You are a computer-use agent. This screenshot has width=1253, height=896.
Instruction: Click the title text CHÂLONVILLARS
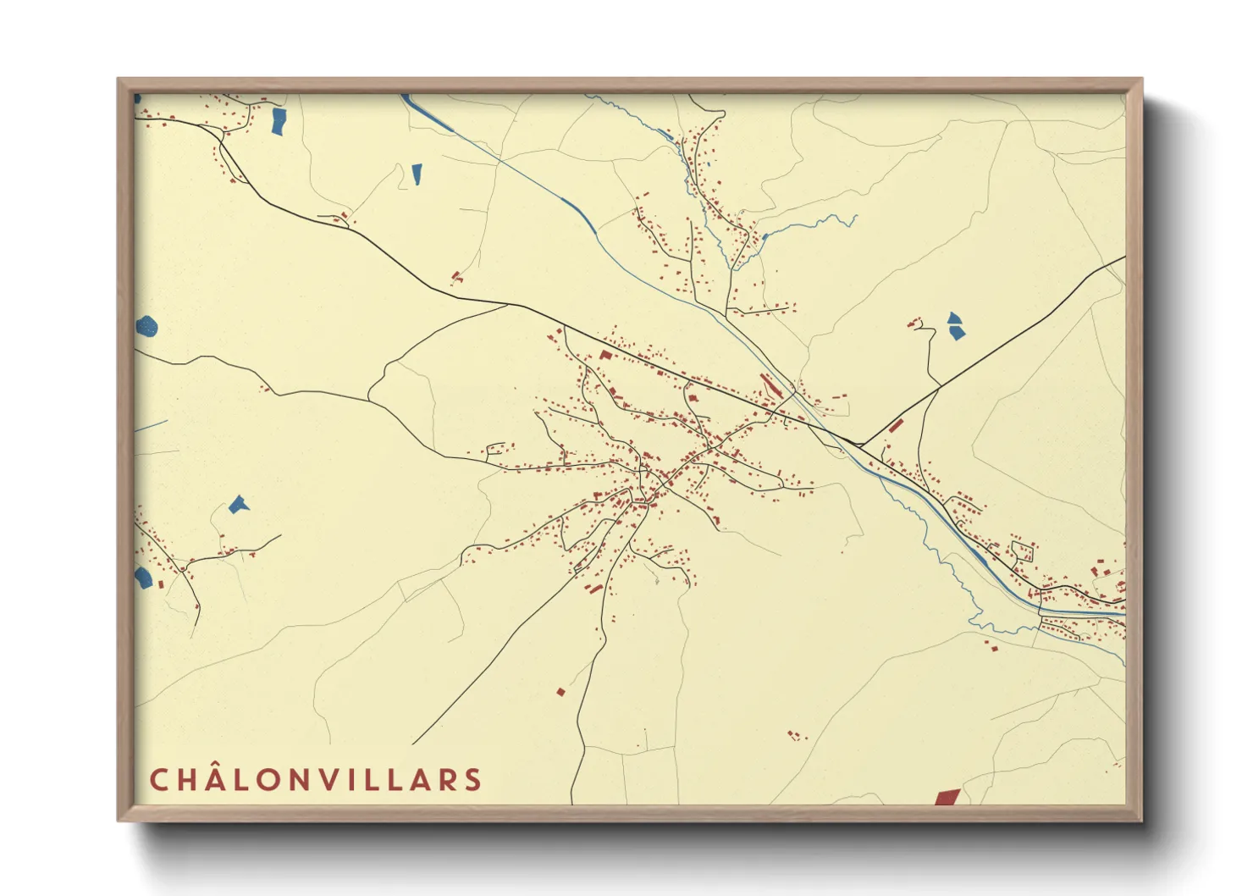click(x=316, y=780)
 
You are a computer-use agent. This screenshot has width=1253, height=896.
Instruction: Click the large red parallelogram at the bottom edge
click(x=947, y=797)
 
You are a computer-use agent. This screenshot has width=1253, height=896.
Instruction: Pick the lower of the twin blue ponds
click(x=957, y=333)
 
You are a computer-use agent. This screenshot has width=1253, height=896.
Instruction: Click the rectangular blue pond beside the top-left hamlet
click(x=278, y=121)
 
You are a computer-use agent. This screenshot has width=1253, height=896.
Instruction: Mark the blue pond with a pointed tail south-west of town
click(x=239, y=506)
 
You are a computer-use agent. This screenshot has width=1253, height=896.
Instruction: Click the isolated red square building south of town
click(x=560, y=692)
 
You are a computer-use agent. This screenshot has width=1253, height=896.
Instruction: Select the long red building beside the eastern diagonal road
click(x=896, y=425)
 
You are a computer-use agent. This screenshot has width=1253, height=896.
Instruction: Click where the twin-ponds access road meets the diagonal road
click(x=940, y=387)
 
